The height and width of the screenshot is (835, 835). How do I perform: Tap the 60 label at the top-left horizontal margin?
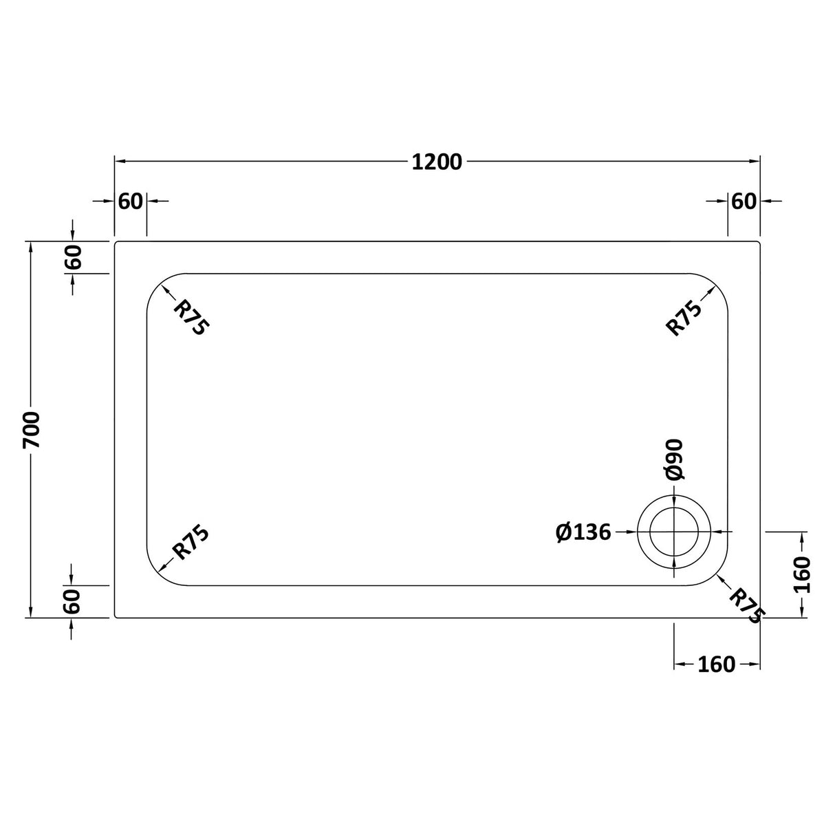130,201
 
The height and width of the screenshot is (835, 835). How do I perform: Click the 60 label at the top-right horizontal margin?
744,201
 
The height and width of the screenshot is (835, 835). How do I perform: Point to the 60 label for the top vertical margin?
73,257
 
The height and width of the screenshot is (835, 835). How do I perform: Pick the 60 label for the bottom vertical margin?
73,601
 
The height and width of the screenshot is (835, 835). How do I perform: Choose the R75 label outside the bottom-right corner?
746,605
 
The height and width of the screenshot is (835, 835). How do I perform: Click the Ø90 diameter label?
673,459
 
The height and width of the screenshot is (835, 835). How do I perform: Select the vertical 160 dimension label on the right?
803,574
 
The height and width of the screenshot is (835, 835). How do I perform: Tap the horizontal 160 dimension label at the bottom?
716,664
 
